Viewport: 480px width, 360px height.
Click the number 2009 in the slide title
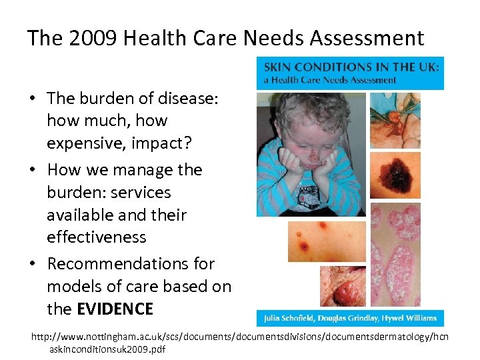[x=91, y=38]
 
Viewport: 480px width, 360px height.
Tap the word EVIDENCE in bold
[x=115, y=309]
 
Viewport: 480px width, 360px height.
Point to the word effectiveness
[x=96, y=237]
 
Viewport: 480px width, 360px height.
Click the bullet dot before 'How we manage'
[x=33, y=171]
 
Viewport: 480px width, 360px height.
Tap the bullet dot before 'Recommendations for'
[x=33, y=265]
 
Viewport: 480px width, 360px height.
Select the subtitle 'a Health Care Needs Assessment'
[x=330, y=80]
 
